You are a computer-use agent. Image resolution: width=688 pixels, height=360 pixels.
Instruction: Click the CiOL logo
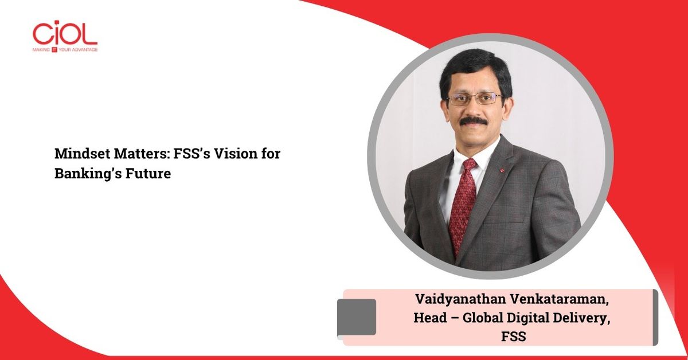click(x=65, y=37)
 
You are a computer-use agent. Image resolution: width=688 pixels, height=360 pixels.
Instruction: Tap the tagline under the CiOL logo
click(x=65, y=49)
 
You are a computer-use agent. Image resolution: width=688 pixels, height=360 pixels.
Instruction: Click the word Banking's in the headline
click(x=88, y=174)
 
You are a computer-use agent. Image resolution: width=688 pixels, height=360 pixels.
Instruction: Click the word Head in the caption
click(x=430, y=318)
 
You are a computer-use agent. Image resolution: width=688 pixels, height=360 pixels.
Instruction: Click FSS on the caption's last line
click(x=514, y=336)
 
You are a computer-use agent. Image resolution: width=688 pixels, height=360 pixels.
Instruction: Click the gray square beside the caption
click(x=357, y=317)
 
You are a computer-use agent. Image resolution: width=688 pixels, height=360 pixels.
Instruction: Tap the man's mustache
click(x=473, y=121)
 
